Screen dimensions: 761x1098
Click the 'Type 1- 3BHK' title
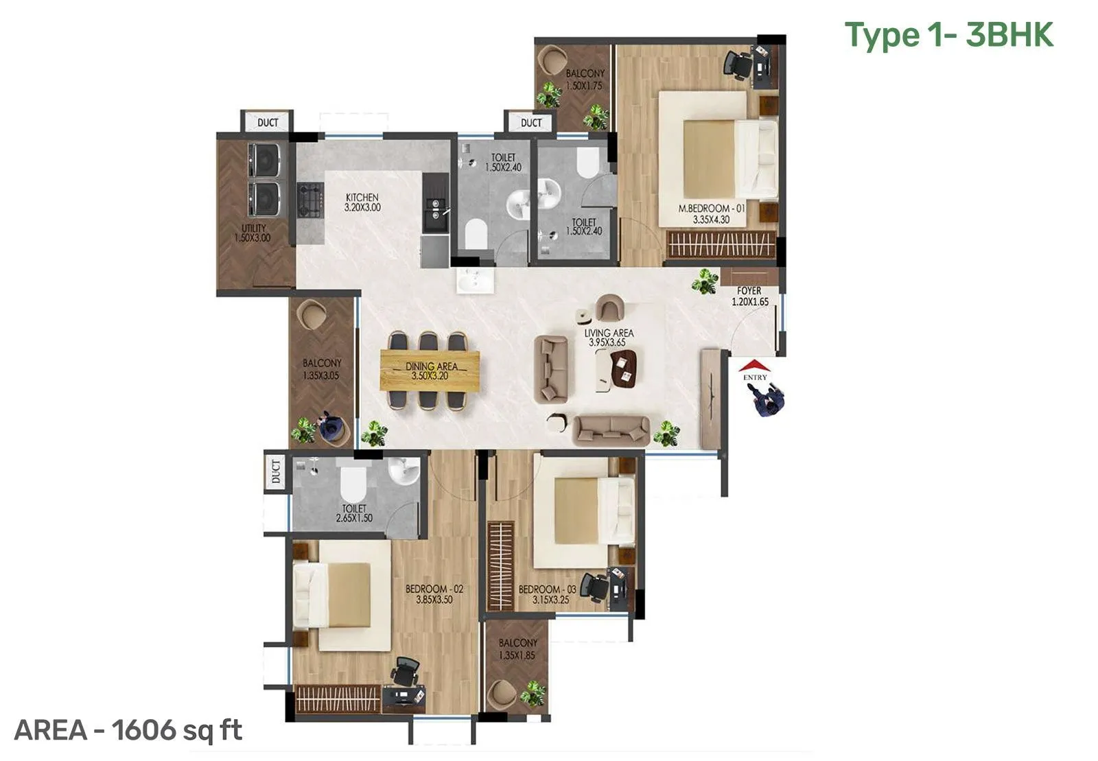coord(948,35)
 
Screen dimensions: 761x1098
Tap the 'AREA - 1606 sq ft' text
coord(128,730)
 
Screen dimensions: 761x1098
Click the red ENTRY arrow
coord(754,366)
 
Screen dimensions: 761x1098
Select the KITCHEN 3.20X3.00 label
coord(362,202)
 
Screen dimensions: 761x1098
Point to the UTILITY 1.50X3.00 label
coord(253,233)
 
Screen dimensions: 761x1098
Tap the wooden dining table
coord(430,371)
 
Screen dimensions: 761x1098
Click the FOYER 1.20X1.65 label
coord(749,296)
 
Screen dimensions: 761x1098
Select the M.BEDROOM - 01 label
coord(711,213)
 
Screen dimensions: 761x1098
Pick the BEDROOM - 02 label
coord(434,594)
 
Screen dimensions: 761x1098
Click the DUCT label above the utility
coord(268,122)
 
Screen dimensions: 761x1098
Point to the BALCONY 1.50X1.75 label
coord(585,80)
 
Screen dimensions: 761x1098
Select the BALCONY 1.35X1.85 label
coord(517,649)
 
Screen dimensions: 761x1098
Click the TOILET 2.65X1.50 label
coord(354,513)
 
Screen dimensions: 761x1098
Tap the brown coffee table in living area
coord(625,368)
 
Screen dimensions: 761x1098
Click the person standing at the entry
coord(767,400)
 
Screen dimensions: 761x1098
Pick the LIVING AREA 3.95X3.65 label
coord(609,337)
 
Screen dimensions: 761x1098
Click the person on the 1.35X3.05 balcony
coord(331,428)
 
